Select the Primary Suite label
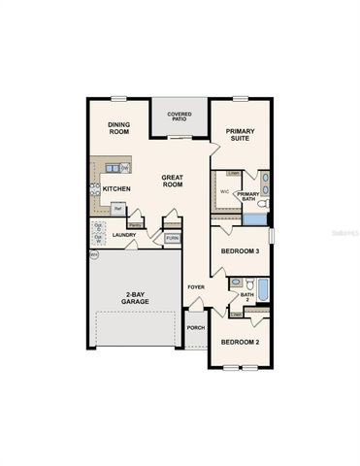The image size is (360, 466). [240, 134]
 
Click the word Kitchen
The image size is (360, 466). [117, 188]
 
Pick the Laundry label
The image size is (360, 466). [123, 234]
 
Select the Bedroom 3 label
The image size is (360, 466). [240, 251]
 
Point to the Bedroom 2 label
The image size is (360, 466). [239, 343]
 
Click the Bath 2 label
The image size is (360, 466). [246, 297]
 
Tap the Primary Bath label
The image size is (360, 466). [247, 196]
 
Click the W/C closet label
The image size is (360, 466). [224, 191]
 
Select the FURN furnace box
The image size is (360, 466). [172, 238]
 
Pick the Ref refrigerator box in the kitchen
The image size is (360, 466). [117, 208]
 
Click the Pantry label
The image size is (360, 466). [136, 224]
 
